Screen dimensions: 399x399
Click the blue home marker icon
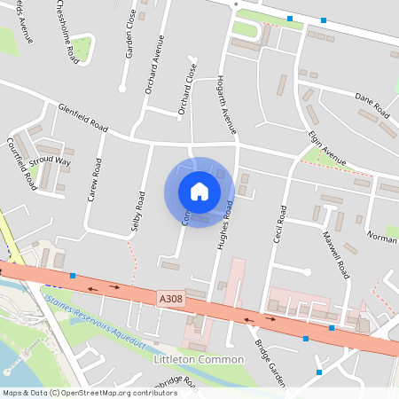point(199,192)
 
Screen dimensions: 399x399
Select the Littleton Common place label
point(199,359)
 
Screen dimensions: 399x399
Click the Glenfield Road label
point(82,117)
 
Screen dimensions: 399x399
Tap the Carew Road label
point(95,180)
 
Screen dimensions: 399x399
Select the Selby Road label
point(138,212)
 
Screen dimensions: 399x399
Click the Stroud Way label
point(50,161)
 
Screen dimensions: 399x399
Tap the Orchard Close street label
point(187,90)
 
